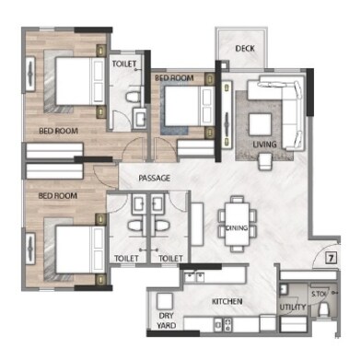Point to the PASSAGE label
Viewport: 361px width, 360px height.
(154, 178)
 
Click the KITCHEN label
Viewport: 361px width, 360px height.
(227, 301)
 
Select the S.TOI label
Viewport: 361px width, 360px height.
(318, 296)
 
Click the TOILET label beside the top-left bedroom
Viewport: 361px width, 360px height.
(125, 64)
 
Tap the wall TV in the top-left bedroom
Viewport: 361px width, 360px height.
(32, 72)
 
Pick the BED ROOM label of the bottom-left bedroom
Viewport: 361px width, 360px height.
(55, 196)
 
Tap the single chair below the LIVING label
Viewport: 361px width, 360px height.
(264, 161)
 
